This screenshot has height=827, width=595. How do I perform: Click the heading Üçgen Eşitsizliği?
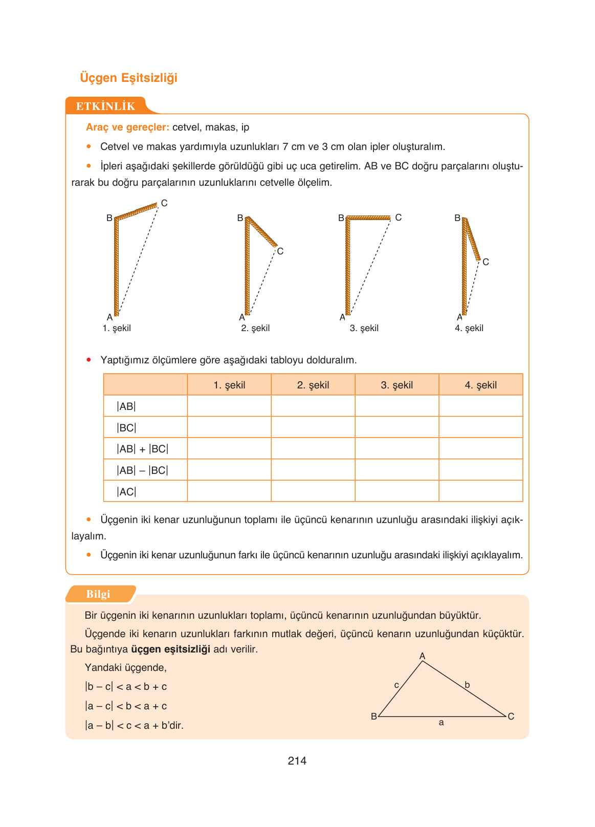point(128,78)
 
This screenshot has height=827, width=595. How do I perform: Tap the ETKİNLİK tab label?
point(105,106)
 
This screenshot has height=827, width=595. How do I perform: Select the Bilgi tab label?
point(98,594)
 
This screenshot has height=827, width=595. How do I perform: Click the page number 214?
point(297,760)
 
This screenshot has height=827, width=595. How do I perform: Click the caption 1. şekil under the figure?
point(117,328)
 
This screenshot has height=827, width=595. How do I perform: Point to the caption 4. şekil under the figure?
point(469,328)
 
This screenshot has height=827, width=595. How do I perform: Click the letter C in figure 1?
point(164,203)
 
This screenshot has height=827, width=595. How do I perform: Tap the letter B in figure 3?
point(341,218)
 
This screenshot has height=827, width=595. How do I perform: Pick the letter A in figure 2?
point(241,317)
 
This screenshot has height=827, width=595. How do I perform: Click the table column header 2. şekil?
point(313,385)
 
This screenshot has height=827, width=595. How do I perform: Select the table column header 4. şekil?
point(480,385)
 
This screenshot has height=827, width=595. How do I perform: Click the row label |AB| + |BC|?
point(142,449)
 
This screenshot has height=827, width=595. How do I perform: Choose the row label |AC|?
point(126,492)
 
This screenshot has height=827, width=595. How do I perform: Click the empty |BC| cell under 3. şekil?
point(396,427)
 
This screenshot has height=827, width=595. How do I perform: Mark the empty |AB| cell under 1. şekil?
point(229,406)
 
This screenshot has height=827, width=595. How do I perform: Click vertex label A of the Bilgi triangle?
point(422,656)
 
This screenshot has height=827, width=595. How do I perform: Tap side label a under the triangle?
point(441,723)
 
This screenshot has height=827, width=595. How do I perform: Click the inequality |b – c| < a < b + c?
point(126,687)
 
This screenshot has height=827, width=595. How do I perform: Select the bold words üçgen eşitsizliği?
point(170,649)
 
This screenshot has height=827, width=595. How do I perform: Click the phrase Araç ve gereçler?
point(127,127)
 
